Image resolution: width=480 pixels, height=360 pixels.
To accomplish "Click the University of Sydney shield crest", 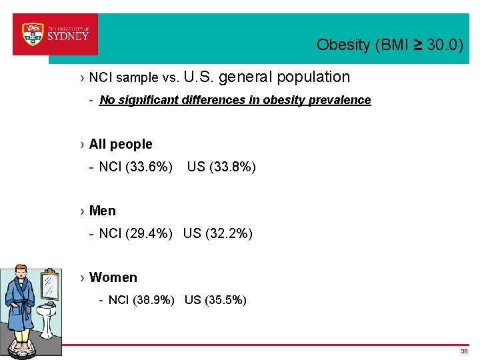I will coord(33,33).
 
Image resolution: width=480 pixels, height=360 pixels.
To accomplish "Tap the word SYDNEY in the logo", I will coord(67,37).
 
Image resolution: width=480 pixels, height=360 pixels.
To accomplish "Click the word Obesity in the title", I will coord(343,45).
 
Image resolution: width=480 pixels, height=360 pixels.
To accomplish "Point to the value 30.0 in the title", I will coord(442,45).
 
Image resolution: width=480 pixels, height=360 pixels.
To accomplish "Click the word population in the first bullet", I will coord(313,77).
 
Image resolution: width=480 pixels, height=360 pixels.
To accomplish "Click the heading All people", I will coord(121,144).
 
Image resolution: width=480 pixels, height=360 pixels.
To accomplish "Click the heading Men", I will coord(102,211).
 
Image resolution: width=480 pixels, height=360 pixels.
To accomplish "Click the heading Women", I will coord(113,277).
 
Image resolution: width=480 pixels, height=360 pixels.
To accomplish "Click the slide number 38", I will coord(464,351).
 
